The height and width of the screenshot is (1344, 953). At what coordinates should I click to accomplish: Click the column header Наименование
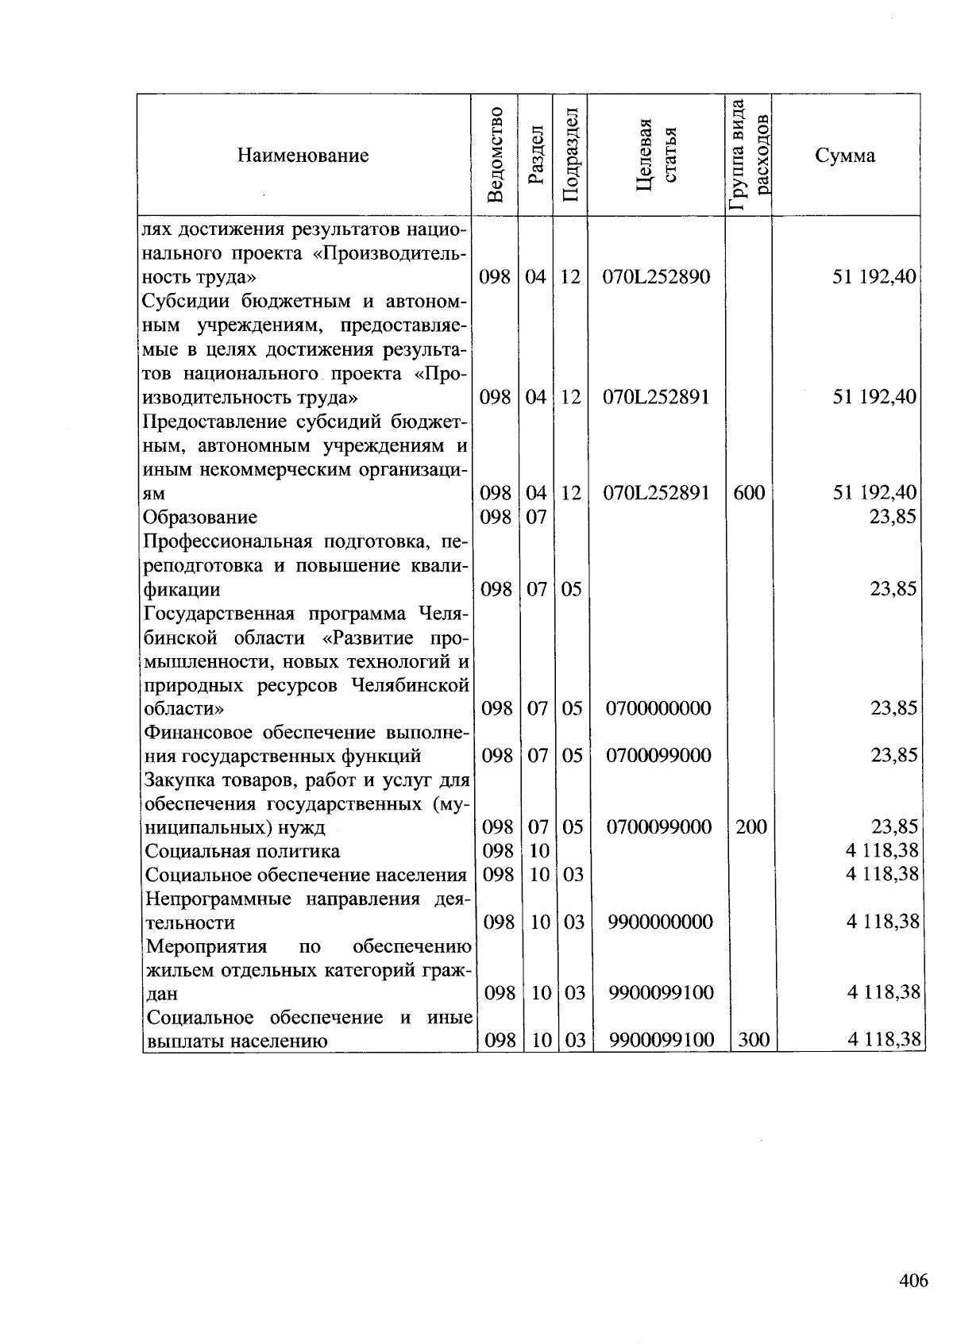coord(303,156)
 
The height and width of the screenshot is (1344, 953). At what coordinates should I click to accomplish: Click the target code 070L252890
coord(656,277)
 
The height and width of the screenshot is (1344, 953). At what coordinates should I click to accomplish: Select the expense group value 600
coord(749,493)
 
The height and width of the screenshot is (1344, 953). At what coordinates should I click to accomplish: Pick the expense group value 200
coord(750,827)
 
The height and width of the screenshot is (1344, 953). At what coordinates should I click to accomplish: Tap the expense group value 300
coord(753,1039)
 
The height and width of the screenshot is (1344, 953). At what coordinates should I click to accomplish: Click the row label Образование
coord(200,518)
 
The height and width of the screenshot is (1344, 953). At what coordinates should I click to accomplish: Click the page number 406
coord(913,1280)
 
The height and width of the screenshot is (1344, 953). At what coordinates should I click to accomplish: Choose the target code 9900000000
coord(661,922)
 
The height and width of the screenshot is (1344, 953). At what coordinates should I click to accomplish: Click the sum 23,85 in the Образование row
coord(893,518)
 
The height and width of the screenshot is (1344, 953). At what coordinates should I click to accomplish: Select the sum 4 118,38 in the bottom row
coord(882,1039)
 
